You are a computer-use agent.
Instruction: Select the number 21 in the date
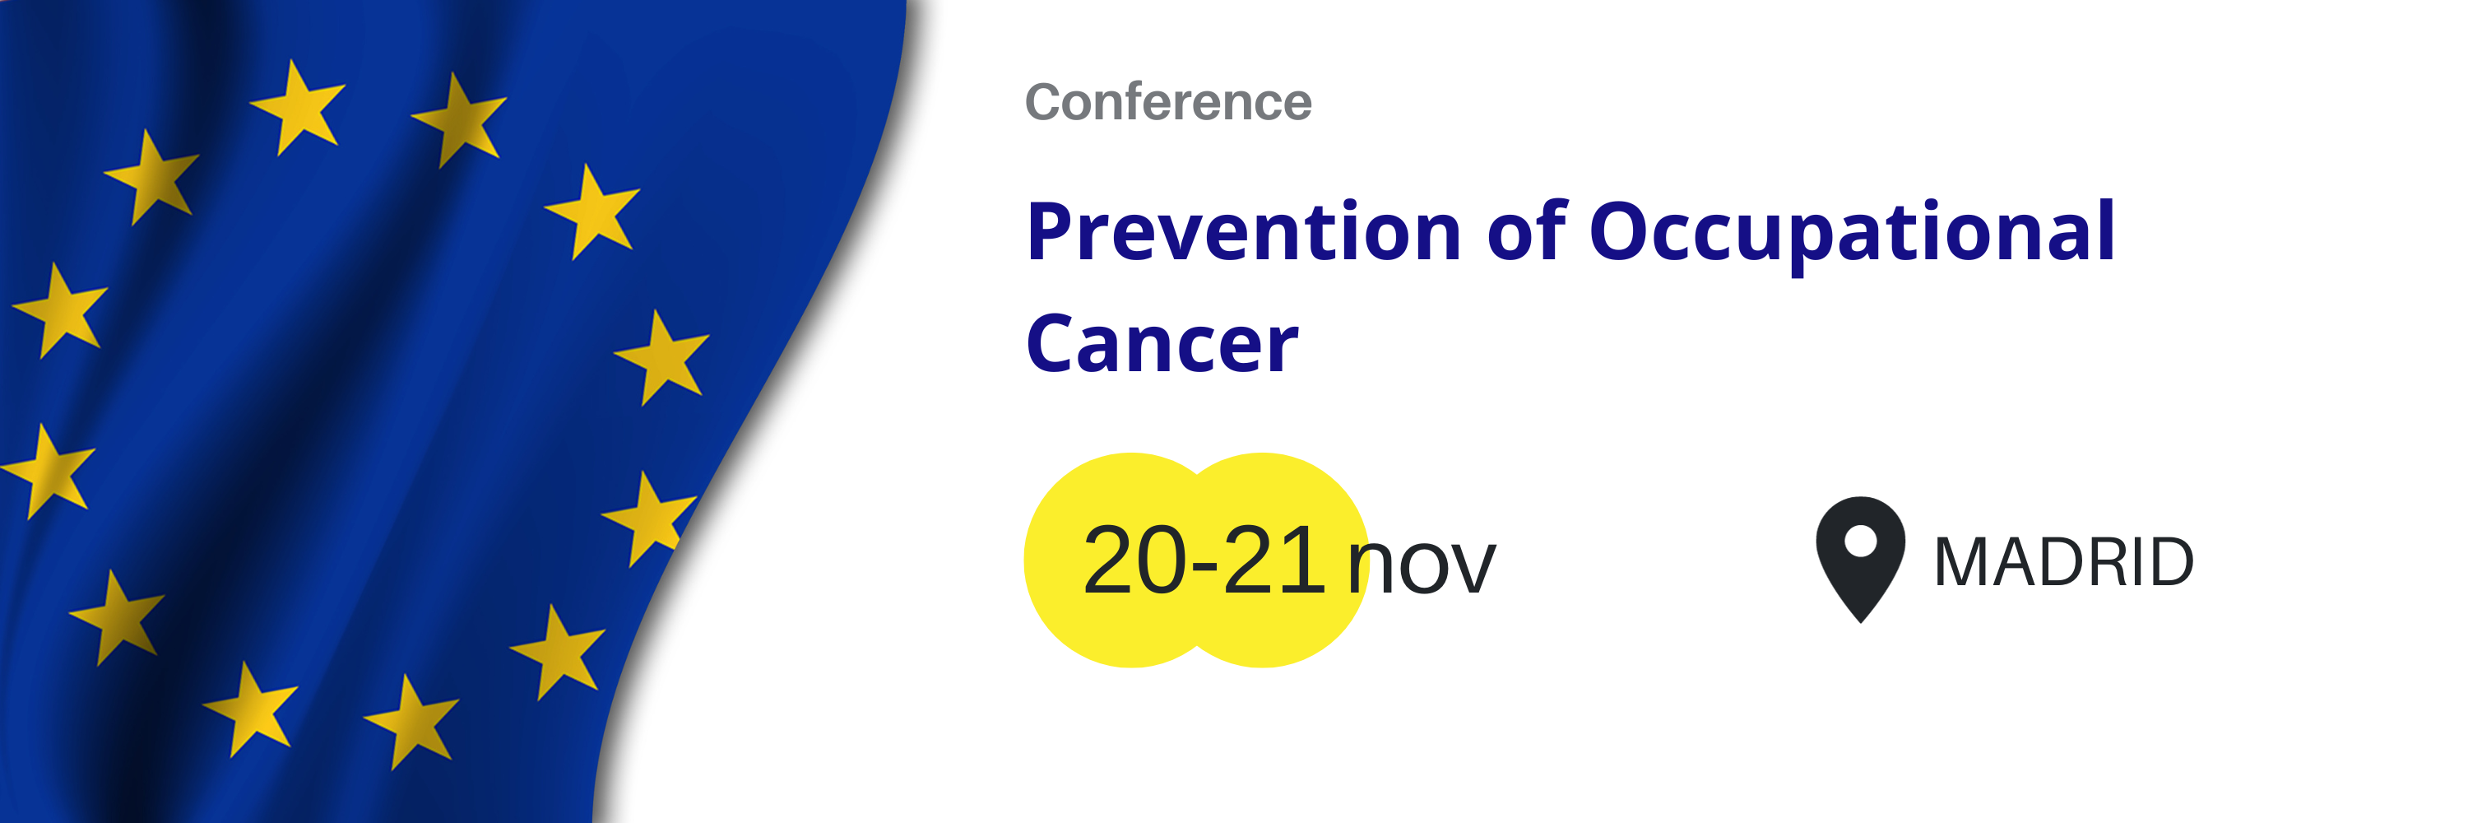coord(1273,560)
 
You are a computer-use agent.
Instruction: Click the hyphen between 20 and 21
coord(1205,566)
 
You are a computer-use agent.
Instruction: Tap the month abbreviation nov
coord(1422,566)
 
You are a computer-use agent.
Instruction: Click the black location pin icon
coord(1861,560)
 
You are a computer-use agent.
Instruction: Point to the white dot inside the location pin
coord(1861,542)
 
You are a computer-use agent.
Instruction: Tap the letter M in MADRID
coord(1963,562)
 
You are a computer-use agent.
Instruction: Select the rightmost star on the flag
coord(663,356)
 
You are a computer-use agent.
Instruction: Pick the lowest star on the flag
coord(412,722)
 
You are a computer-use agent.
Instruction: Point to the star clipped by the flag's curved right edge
coord(647,518)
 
